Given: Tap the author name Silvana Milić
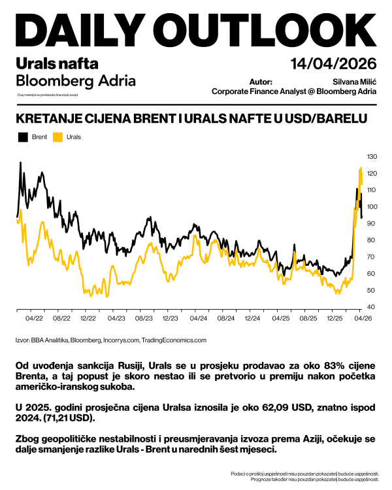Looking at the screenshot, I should [x=353, y=82].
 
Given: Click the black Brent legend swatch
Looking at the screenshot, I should [x=22, y=137].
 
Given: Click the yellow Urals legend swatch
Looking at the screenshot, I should [x=57, y=137].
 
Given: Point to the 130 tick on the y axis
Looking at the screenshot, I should [x=372, y=157].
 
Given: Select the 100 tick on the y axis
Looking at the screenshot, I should [x=372, y=207].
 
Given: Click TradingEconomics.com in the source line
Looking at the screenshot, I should [x=178, y=340].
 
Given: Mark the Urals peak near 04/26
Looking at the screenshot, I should [x=361, y=168].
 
